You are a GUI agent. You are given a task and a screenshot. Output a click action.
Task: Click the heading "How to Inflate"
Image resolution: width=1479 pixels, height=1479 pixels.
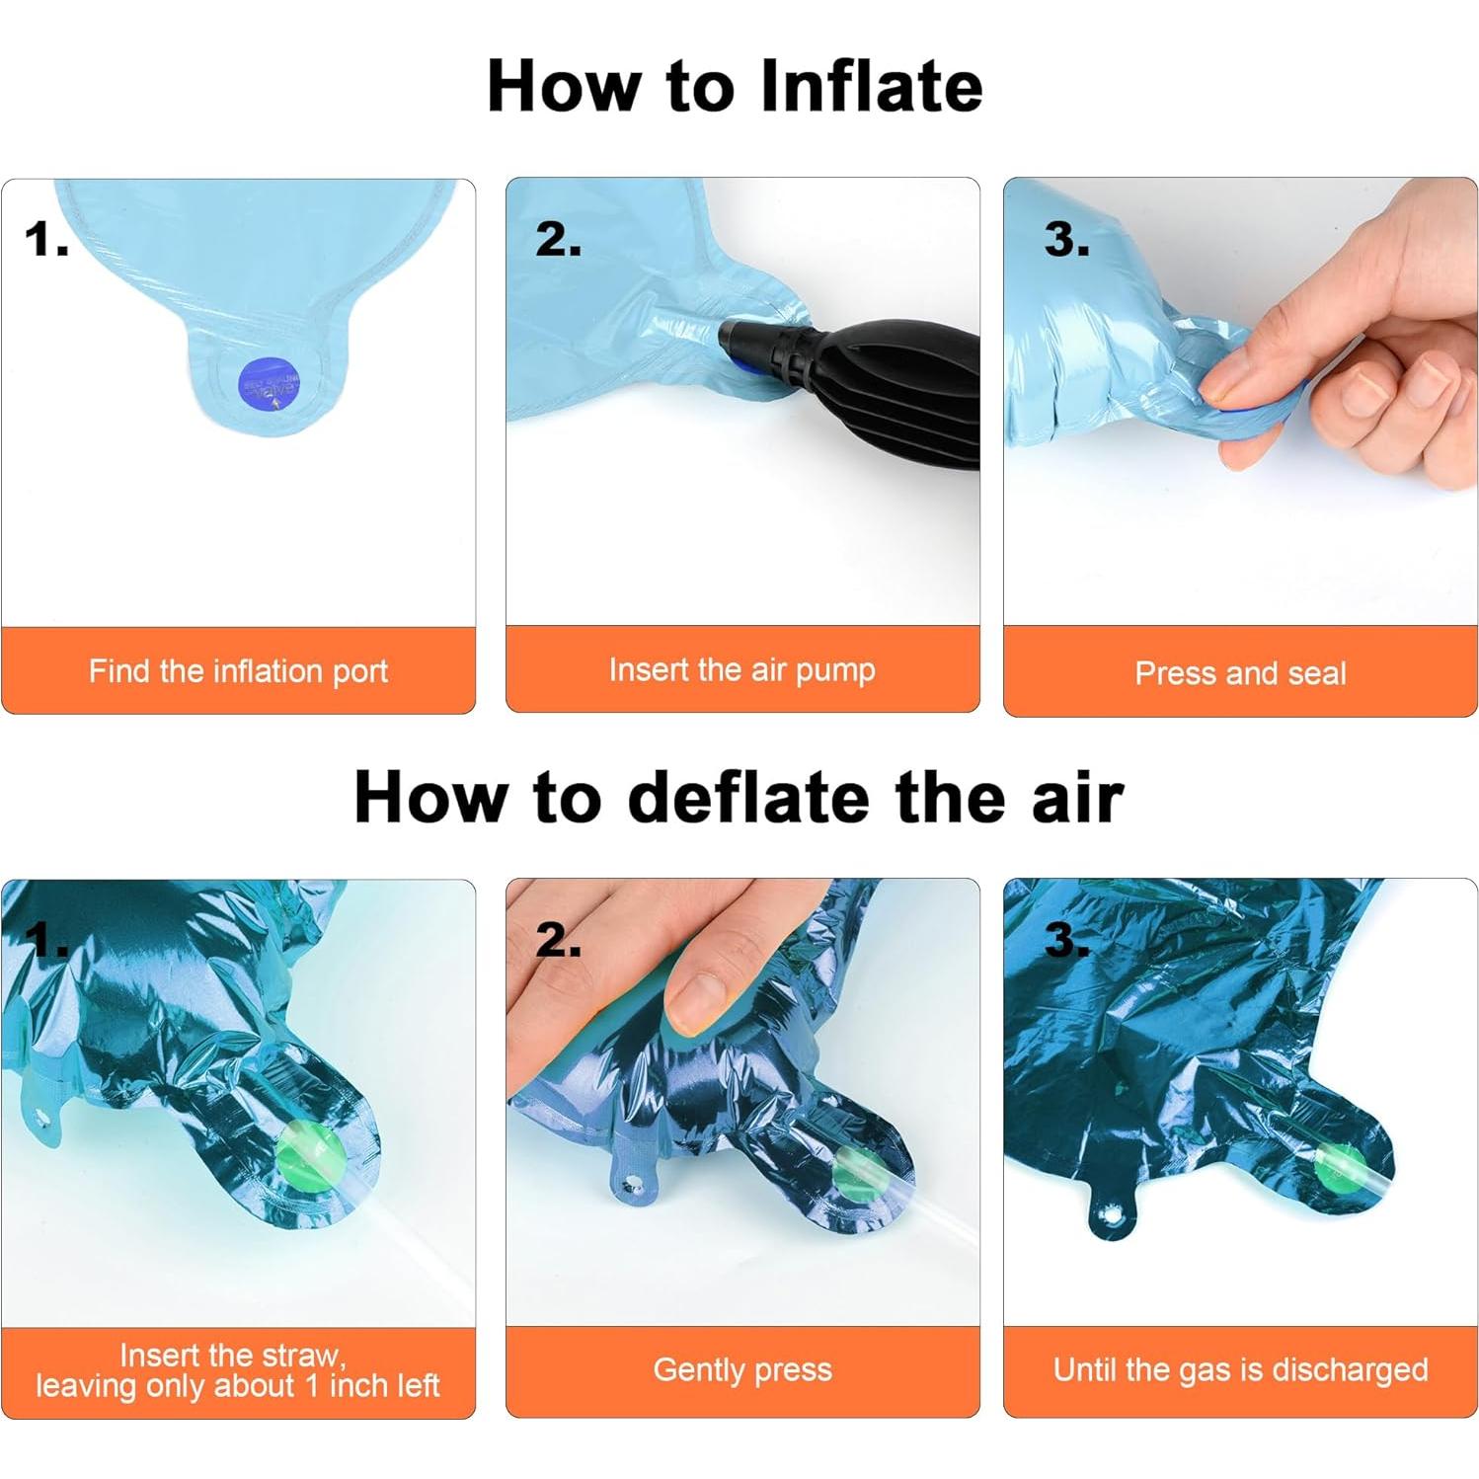(735, 86)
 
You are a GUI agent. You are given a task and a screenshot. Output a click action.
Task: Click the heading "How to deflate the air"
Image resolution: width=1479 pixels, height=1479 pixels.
(739, 797)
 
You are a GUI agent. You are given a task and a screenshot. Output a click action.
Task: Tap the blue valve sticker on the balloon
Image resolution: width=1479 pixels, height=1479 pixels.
(269, 382)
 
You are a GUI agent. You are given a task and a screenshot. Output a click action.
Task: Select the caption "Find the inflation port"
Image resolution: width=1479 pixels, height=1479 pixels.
(238, 671)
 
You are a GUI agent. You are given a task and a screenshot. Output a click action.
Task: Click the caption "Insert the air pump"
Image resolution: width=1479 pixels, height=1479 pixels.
(741, 669)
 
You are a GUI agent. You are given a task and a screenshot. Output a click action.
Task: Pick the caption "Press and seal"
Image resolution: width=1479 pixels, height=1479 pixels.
(1240, 673)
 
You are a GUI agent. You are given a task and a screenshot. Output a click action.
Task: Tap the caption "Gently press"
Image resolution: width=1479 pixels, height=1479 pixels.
(742, 1370)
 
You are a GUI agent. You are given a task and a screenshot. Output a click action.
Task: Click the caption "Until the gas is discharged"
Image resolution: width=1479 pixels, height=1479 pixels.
(1240, 1369)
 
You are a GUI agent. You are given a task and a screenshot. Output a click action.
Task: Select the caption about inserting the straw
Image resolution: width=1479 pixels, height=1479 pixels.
(238, 1370)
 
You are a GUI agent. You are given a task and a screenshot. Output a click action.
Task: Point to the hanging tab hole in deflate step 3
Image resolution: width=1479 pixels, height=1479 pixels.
(1113, 1213)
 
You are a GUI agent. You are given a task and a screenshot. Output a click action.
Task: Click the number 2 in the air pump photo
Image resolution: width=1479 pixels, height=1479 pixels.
(558, 240)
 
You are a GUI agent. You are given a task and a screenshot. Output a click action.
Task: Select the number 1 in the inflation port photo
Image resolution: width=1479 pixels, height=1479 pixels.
(45, 240)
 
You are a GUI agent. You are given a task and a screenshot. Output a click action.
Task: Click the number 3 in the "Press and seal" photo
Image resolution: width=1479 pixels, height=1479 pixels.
(1067, 240)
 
